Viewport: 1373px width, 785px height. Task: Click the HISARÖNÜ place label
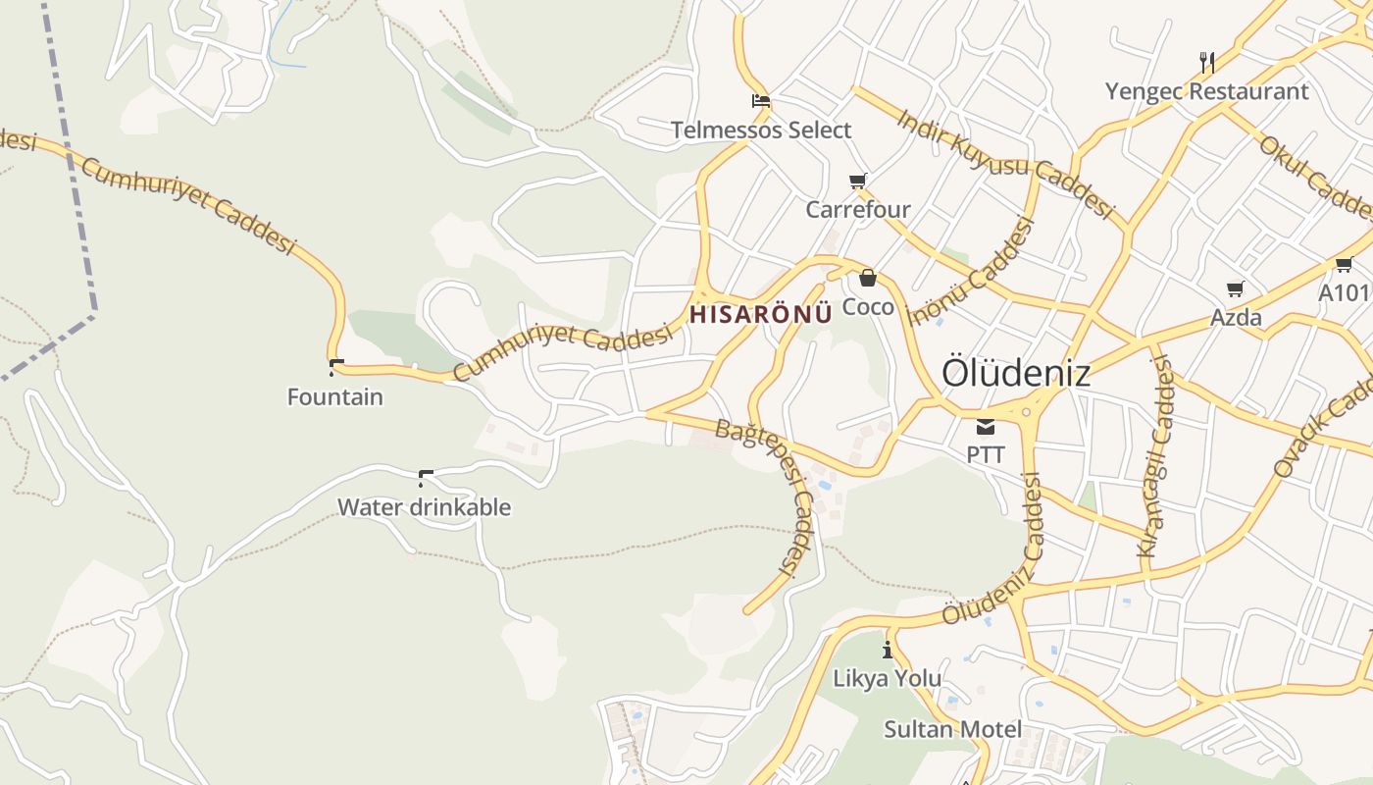pyautogui.click(x=761, y=314)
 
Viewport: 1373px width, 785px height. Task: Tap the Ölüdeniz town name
pyautogui.click(x=1015, y=373)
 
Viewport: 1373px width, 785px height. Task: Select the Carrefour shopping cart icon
pyautogui.click(x=858, y=181)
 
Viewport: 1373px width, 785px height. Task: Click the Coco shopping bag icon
pyautogui.click(x=867, y=278)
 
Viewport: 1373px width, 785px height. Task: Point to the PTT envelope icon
pyautogui.click(x=985, y=427)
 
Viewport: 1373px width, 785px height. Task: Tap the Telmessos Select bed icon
pyautogui.click(x=760, y=100)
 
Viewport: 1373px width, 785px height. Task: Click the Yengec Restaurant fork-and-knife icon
pyautogui.click(x=1207, y=63)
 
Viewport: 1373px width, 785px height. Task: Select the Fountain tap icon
pyautogui.click(x=336, y=368)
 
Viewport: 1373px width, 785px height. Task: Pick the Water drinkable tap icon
pyautogui.click(x=426, y=478)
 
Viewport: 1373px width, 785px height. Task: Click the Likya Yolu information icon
pyautogui.click(x=888, y=650)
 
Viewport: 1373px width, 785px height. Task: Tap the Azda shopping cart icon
pyautogui.click(x=1236, y=288)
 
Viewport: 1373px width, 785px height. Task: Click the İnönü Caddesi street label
pyautogui.click(x=973, y=272)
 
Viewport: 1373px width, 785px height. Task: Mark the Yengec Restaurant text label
pyautogui.click(x=1206, y=91)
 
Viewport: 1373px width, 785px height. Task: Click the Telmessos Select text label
pyautogui.click(x=761, y=130)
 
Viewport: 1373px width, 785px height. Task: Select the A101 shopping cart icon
pyautogui.click(x=1344, y=263)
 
